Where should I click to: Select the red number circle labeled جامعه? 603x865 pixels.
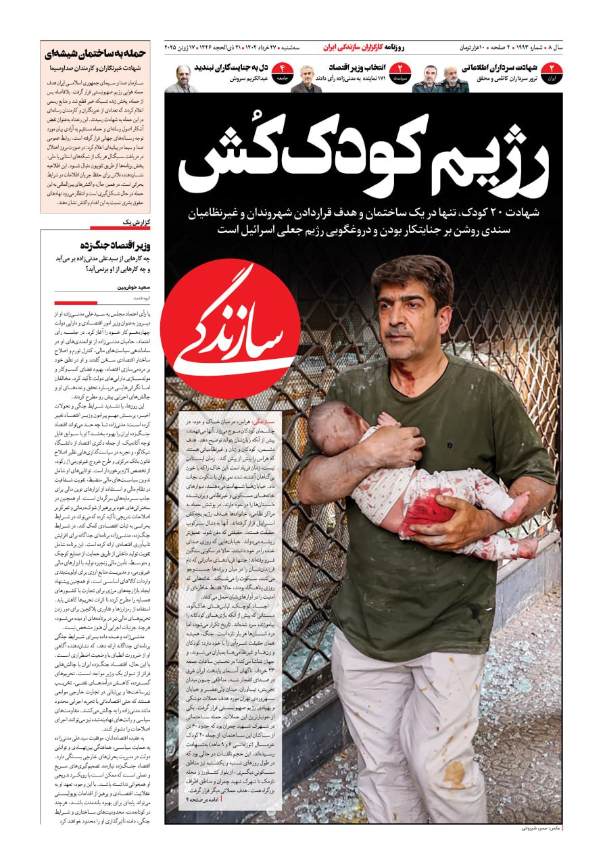pos(282,72)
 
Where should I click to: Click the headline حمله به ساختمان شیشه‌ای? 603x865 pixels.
pos(95,54)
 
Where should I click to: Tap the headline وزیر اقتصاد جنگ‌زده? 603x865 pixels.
pos(114,245)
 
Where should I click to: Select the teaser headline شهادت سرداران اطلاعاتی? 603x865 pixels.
pos(500,68)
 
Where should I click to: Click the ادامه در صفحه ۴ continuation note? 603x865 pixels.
pos(203,799)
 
